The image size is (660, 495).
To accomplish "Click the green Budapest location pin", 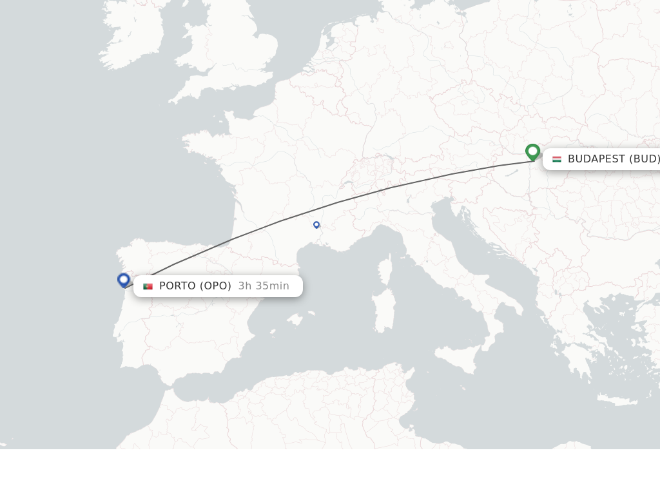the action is click(x=532, y=152).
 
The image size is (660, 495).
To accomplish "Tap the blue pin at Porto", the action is click(x=124, y=280).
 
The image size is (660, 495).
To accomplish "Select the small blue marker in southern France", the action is click(x=316, y=224).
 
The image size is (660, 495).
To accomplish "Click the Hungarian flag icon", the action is click(x=557, y=159).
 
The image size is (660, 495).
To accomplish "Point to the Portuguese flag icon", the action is click(x=148, y=286).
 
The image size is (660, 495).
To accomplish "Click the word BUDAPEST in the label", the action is click(x=596, y=159).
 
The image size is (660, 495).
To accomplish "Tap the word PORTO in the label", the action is click(x=177, y=286).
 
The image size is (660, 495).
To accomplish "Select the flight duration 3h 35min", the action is click(x=264, y=286).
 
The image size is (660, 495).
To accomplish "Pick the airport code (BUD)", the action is click(x=645, y=159).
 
